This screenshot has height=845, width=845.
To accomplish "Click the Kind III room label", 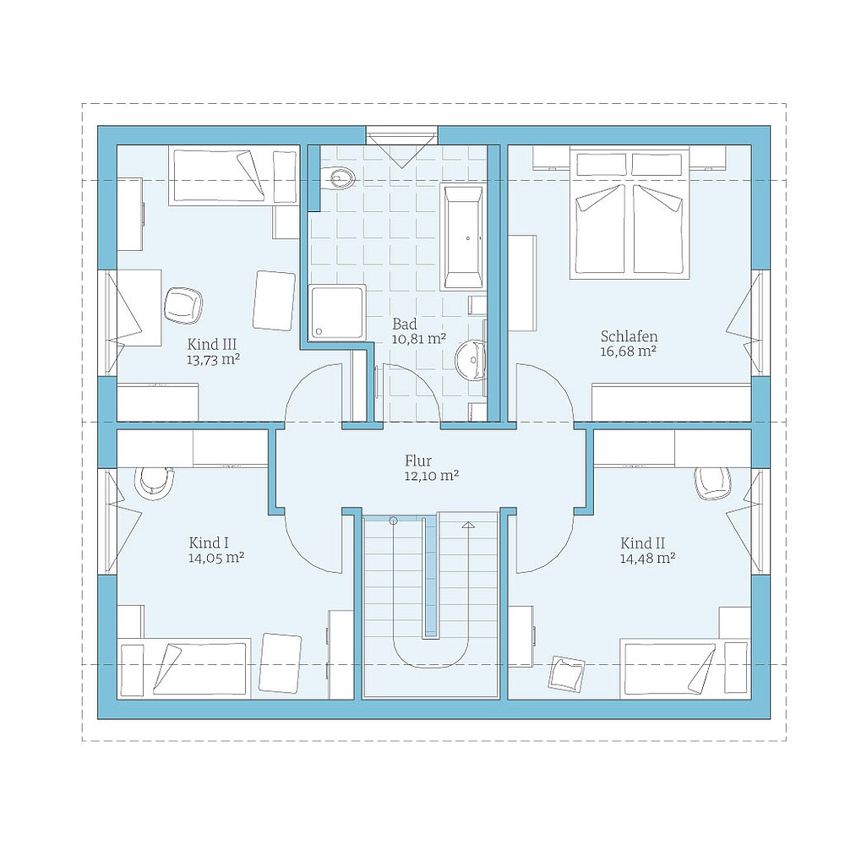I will coord(212,344).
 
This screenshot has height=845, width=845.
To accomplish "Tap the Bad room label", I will coord(406,324).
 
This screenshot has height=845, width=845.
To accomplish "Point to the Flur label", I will coord(418,461).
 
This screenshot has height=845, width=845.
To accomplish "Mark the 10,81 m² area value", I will coord(418,339).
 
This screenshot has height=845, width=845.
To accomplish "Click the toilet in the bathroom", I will coord(340,178).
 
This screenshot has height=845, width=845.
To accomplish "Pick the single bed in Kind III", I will coord(233,176).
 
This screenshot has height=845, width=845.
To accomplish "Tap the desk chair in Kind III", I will coord(183,304).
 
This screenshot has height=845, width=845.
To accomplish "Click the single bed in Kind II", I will coord(684,668).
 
